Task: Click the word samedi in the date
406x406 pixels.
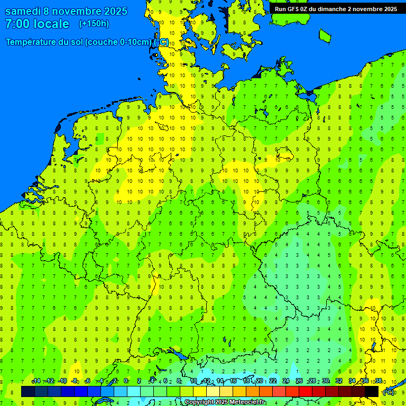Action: tap(26, 11)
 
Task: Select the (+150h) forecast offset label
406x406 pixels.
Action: tap(94, 24)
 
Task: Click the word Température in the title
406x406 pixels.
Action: tap(31, 42)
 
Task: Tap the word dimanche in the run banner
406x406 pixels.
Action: tap(331, 9)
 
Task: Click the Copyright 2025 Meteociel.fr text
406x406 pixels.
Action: tap(225, 402)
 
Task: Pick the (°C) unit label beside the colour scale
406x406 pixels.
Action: tap(388, 392)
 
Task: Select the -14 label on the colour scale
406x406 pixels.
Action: tap(36, 381)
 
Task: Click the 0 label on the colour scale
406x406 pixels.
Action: tap(126, 381)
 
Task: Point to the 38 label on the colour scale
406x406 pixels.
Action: tap(379, 381)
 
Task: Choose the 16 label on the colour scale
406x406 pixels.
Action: tap(233, 381)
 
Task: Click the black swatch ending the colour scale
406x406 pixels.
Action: tap(372, 391)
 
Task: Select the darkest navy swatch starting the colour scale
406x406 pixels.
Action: tap(28, 391)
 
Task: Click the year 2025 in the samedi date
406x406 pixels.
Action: tap(113, 11)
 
